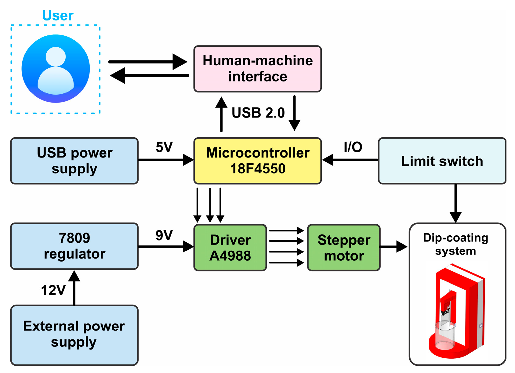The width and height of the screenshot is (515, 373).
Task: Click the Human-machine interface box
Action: (257, 69)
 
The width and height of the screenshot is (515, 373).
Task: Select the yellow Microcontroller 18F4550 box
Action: (257, 161)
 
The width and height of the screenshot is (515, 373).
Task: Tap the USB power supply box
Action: (74, 161)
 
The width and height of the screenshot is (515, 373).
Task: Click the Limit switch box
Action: (442, 161)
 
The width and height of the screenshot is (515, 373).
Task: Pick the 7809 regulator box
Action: (74, 246)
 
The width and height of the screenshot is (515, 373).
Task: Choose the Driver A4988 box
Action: (230, 248)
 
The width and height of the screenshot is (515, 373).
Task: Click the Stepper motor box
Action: (344, 248)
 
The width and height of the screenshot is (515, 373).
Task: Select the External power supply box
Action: (74, 335)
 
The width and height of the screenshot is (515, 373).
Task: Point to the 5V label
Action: (164, 147)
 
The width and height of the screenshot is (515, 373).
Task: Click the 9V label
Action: (164, 235)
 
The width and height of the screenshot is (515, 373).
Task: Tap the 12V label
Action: (53, 290)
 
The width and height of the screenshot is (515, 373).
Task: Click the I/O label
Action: (353, 147)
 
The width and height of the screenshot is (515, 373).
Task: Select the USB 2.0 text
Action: (258, 113)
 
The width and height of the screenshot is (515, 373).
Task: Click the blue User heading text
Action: (58, 16)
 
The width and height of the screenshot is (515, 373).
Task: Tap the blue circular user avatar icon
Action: (56, 69)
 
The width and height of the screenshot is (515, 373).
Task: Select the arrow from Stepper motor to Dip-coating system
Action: (394, 246)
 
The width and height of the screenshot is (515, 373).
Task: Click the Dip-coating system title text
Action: (455, 244)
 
